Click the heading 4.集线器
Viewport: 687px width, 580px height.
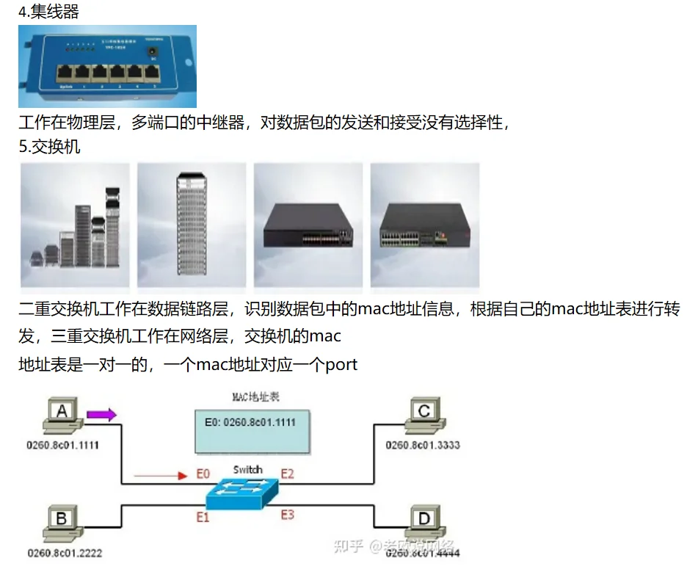point(48,12)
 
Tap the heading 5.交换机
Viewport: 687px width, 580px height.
point(49,147)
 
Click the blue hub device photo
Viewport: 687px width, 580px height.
point(107,66)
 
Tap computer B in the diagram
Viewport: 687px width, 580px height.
point(62,522)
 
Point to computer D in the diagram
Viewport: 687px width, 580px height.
point(424,522)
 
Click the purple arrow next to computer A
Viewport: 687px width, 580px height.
point(101,416)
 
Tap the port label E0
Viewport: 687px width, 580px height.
point(203,474)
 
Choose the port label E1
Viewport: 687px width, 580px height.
point(203,517)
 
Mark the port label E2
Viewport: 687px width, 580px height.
point(287,474)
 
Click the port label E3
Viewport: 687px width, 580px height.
point(287,515)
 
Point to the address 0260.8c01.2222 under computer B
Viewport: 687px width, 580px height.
point(65,553)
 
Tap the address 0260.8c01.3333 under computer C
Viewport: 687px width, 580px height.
point(424,446)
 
